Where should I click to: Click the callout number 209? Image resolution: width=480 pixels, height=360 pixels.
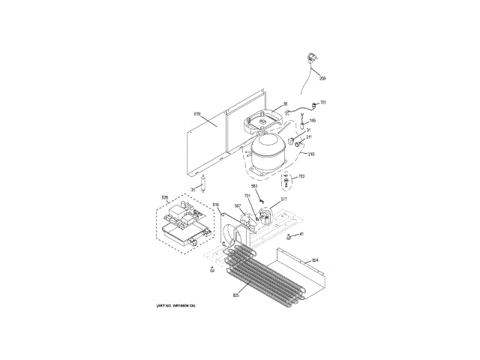pyautogui.click(x=323, y=78)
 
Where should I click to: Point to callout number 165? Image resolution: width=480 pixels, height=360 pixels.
pyautogui.click(x=313, y=120)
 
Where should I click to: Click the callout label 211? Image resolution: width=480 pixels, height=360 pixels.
pyautogui.click(x=309, y=138)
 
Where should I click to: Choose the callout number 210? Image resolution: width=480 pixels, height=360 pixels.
pyautogui.click(x=310, y=154)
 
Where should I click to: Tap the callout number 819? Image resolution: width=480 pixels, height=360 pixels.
pyautogui.click(x=197, y=114)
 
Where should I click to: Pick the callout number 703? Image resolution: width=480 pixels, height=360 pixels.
pyautogui.click(x=301, y=177)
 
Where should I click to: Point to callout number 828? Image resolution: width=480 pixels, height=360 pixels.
pyautogui.click(x=165, y=198)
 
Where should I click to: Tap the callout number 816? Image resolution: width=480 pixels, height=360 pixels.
pyautogui.click(x=215, y=205)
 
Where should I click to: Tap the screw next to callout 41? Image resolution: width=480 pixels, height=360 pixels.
pyautogui.click(x=291, y=237)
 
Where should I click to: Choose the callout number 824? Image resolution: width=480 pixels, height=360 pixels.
pyautogui.click(x=315, y=260)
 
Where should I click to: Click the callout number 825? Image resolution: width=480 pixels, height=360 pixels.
pyautogui.click(x=235, y=295)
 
